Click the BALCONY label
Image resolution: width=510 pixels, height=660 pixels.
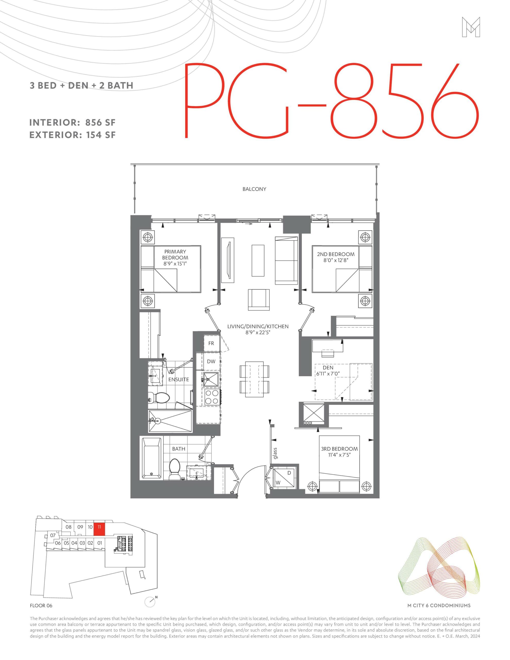(x=254, y=189)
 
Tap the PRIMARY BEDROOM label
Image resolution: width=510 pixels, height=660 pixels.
(x=175, y=254)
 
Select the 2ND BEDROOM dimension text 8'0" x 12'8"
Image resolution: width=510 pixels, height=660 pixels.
(x=335, y=260)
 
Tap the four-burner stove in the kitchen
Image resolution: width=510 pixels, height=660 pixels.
(x=212, y=397)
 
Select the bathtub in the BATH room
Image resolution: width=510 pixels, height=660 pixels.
(x=151, y=458)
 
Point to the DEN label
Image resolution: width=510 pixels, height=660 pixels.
(x=328, y=368)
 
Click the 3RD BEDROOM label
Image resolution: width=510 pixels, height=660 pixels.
(x=339, y=449)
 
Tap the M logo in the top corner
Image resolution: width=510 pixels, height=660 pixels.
(x=471, y=27)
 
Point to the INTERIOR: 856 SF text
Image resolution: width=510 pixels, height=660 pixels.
(x=72, y=123)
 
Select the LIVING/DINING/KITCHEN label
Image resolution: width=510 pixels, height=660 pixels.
(x=258, y=326)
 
